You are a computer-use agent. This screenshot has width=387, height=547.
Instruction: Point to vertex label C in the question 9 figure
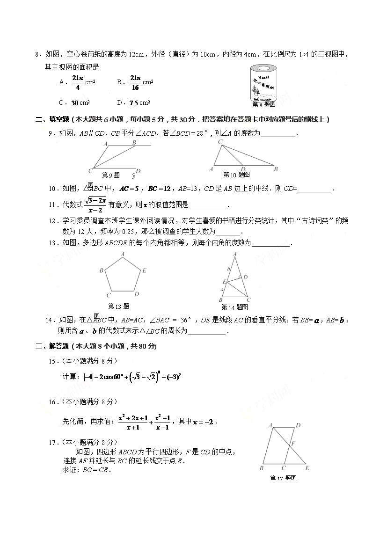(90, 170)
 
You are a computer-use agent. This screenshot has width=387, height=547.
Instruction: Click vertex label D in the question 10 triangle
(243, 169)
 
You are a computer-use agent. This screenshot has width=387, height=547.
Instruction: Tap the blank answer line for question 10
(314, 189)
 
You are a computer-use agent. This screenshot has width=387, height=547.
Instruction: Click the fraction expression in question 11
(95, 204)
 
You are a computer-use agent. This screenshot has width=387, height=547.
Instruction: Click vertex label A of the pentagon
(123, 254)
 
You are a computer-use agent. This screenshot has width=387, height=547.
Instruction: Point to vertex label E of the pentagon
(145, 270)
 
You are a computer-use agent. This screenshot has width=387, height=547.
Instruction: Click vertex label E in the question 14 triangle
(224, 281)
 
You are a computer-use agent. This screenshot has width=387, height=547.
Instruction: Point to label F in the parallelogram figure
(293, 442)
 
